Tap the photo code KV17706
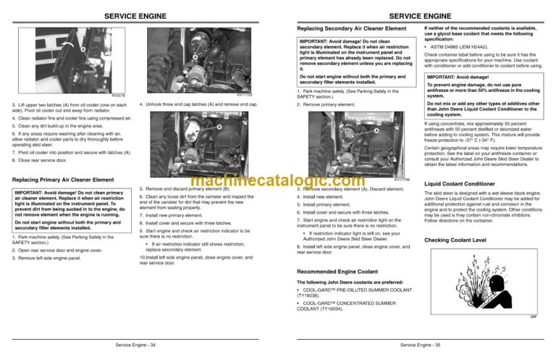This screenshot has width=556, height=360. click(x=402, y=179)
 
